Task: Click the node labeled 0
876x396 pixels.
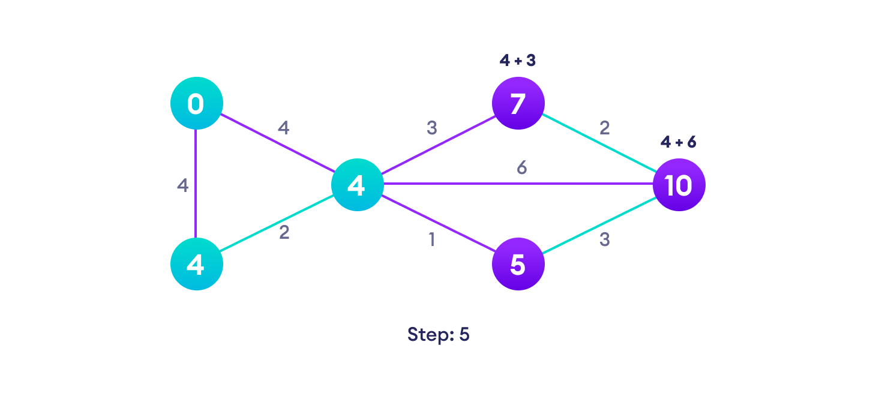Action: pyautogui.click(x=196, y=103)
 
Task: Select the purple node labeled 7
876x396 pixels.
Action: pyautogui.click(x=518, y=103)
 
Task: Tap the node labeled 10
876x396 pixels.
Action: pyautogui.click(x=679, y=185)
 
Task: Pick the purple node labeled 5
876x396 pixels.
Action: pyautogui.click(x=518, y=264)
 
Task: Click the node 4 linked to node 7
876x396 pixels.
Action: pyautogui.click(x=357, y=185)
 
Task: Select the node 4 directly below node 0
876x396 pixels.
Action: pyautogui.click(x=196, y=264)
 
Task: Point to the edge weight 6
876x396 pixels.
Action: pyautogui.click(x=521, y=168)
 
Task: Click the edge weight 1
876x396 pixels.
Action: pyautogui.click(x=431, y=239)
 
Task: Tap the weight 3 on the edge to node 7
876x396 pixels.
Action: pyautogui.click(x=431, y=128)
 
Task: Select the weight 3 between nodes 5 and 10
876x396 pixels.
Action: pyautogui.click(x=604, y=239)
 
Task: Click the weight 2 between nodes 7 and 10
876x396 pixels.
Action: pyautogui.click(x=604, y=128)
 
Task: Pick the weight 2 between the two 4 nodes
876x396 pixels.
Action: pyautogui.click(x=284, y=232)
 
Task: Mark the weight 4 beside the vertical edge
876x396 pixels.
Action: pyautogui.click(x=182, y=185)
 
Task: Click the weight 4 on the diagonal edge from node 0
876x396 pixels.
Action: pyautogui.click(x=283, y=128)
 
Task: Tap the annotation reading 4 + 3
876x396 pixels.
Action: pyautogui.click(x=517, y=61)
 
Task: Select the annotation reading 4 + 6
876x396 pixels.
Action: pyautogui.click(x=678, y=142)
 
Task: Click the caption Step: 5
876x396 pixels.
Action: pyautogui.click(x=438, y=334)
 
